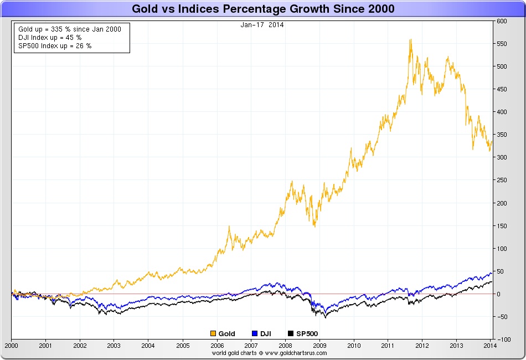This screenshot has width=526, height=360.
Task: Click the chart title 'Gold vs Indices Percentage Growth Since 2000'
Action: (x=263, y=9)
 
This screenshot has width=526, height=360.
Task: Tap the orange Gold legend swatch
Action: (x=214, y=333)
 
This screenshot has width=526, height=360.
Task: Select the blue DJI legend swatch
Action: (x=255, y=333)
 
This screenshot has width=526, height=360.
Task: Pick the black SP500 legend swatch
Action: (x=290, y=333)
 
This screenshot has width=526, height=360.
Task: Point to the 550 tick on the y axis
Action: (x=502, y=44)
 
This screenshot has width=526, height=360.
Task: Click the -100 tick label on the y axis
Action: (x=503, y=339)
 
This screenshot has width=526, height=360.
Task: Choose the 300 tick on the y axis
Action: (x=502, y=157)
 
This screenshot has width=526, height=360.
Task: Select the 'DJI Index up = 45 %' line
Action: (x=50, y=37)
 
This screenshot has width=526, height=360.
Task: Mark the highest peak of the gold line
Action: (x=410, y=39)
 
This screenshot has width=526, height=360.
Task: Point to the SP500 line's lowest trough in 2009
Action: (x=325, y=318)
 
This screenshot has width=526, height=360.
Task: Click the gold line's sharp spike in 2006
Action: (x=229, y=226)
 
